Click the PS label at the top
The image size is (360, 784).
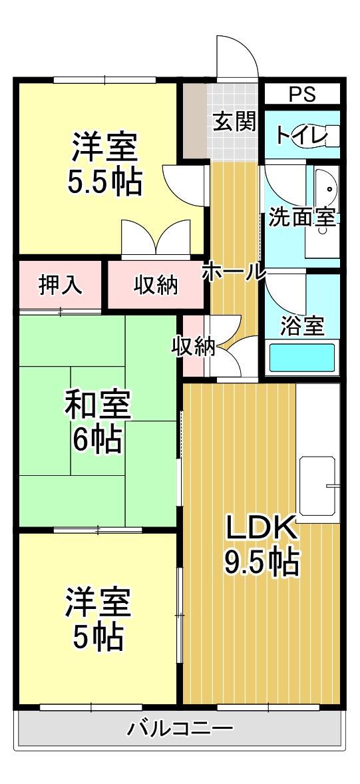pos(303,94)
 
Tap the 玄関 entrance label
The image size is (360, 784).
pos(234,122)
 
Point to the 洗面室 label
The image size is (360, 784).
pos(301,218)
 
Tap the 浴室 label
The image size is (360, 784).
pos(302,326)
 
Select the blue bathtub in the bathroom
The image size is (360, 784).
pos(301,358)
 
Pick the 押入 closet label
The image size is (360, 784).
pos(60,285)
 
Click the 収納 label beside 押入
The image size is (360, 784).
pos(156,285)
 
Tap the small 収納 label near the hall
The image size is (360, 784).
pos(193,346)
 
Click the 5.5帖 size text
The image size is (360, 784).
pos(105,181)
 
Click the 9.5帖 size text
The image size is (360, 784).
pos(260,562)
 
